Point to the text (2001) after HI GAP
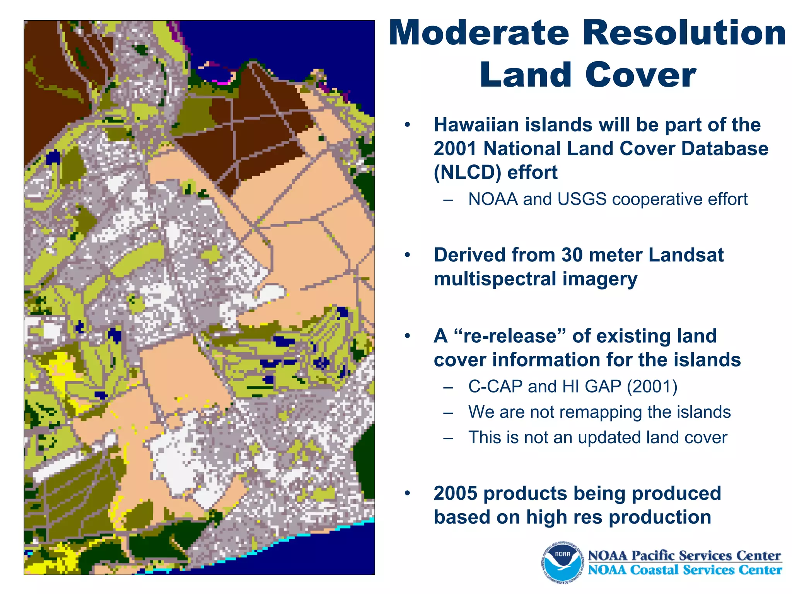click(x=652, y=386)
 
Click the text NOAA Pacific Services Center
click(x=684, y=555)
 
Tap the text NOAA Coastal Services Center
click(x=684, y=570)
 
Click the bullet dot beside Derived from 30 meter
click(x=407, y=255)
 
